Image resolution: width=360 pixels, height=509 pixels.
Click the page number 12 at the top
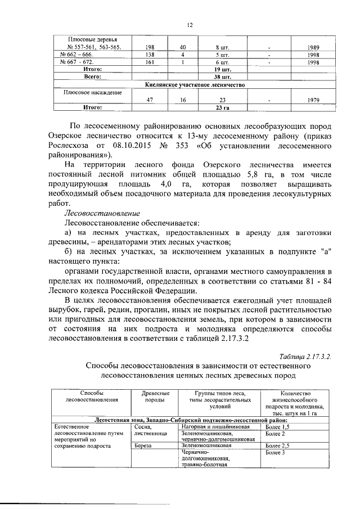point(190,25)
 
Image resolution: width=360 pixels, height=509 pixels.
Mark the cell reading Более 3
point(275,452)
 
